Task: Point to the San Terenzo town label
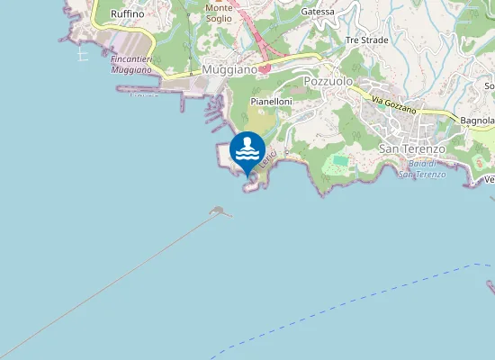click(411, 148)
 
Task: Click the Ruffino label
click(127, 14)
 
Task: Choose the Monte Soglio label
click(219, 13)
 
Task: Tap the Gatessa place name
click(318, 12)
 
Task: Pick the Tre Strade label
click(365, 40)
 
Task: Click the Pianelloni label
click(270, 103)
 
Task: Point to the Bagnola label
click(477, 120)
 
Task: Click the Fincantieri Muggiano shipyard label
click(130, 63)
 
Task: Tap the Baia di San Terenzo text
click(421, 168)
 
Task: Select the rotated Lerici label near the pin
click(266, 160)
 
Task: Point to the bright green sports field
click(339, 161)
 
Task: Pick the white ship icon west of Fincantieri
click(83, 55)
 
